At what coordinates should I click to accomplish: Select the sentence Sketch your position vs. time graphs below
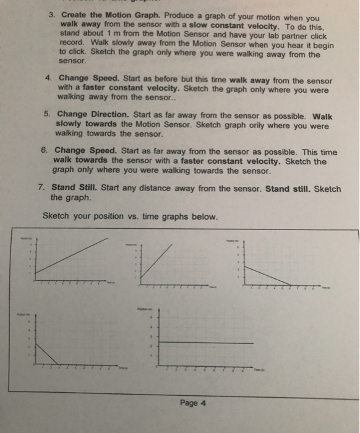coord(130,216)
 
